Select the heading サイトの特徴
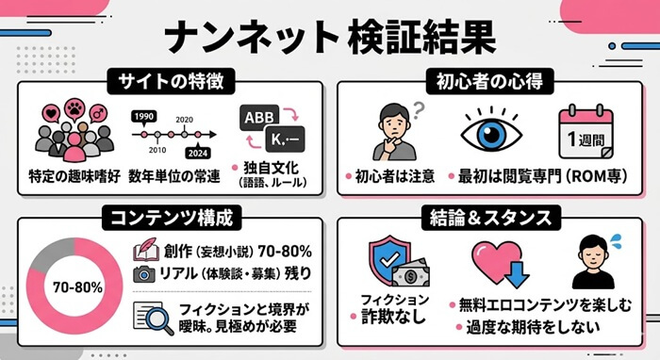[x=170, y=81]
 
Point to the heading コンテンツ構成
[x=169, y=219]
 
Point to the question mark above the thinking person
[x=421, y=106]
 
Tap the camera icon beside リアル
[x=143, y=274]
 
